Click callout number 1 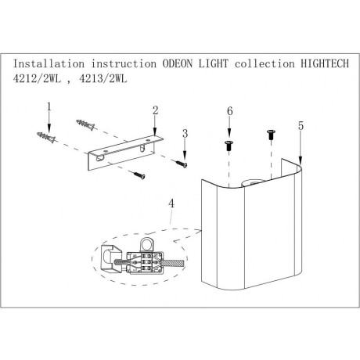click(x=49, y=106)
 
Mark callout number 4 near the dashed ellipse click(x=171, y=206)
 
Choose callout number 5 click(x=300, y=124)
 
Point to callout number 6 click(x=229, y=113)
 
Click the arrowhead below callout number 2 click(x=156, y=131)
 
